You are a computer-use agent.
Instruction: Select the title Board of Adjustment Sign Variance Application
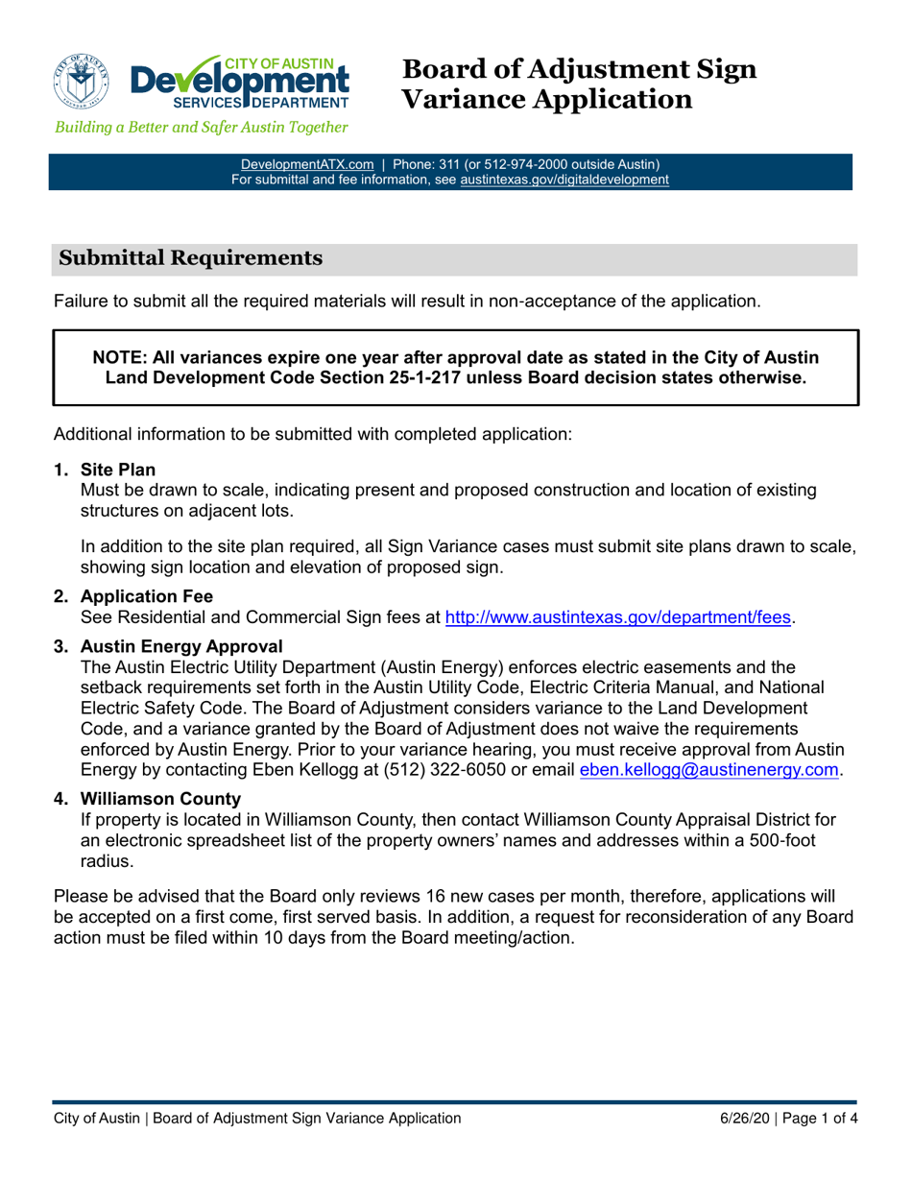[579, 84]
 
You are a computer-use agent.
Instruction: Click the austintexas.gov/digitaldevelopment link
[564, 179]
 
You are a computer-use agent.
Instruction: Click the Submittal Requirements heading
[190, 257]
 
